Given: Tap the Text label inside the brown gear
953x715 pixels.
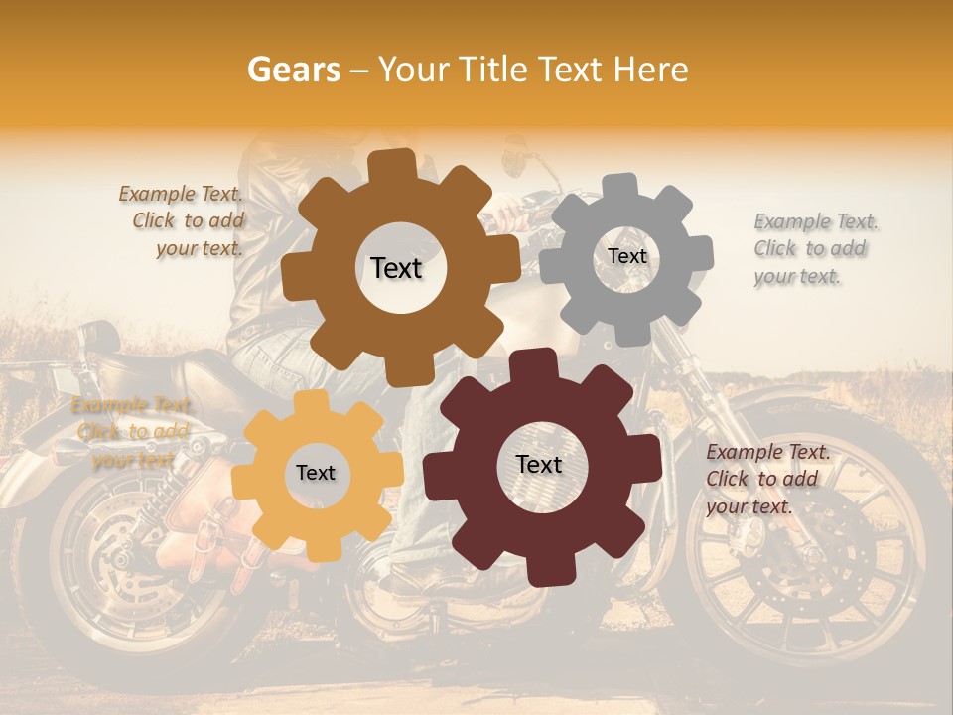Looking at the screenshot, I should [396, 268].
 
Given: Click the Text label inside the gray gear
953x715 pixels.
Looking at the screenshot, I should [626, 256].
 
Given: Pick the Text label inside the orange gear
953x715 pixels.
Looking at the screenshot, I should [316, 473].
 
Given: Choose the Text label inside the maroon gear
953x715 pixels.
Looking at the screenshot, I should [539, 464].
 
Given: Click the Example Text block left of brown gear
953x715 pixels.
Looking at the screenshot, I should [183, 221].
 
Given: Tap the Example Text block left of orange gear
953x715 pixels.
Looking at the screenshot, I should [132, 432].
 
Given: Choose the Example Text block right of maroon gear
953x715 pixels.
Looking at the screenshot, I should [766, 479].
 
